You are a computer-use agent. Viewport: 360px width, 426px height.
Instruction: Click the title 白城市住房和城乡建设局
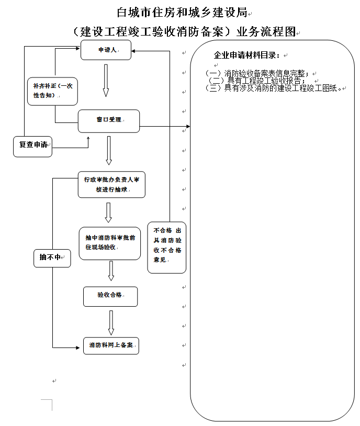click(x=182, y=12)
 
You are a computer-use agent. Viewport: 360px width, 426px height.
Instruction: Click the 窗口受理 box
click(x=109, y=120)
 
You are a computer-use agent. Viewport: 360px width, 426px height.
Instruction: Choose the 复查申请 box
click(x=32, y=145)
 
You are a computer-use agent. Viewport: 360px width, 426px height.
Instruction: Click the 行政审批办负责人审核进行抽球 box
click(x=111, y=184)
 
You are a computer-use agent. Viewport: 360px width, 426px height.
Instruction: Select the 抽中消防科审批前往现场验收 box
click(x=110, y=243)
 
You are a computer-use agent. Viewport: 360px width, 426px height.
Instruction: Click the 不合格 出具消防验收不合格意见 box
click(x=167, y=246)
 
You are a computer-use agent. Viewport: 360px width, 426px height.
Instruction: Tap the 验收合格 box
click(x=110, y=296)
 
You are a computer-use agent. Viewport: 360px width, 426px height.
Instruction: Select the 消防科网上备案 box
click(x=111, y=345)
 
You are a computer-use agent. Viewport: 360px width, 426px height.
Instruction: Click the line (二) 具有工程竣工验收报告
click(x=257, y=81)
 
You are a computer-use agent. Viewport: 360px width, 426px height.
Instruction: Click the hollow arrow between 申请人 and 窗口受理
click(x=106, y=81)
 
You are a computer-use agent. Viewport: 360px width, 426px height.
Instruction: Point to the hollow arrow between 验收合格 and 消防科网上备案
click(x=111, y=322)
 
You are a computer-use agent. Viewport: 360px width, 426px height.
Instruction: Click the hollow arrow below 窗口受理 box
click(x=109, y=151)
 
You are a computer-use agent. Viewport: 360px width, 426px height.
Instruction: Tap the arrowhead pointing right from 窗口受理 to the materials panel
click(x=187, y=126)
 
